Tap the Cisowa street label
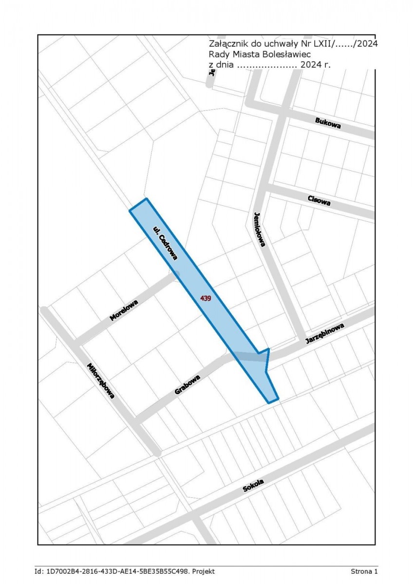click(319, 200)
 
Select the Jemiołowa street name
click(260, 229)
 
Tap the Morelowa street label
click(124, 310)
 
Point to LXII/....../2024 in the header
click(345, 44)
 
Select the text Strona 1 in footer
click(364, 571)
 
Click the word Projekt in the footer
click(204, 571)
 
